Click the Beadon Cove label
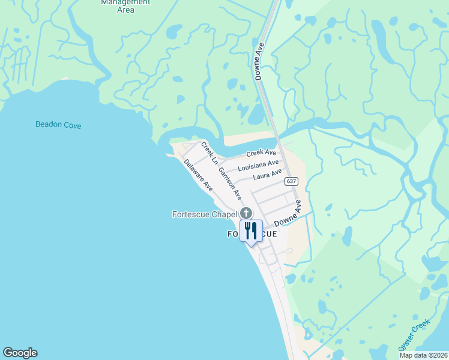58,125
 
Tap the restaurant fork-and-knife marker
251,230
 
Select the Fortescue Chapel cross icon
246,214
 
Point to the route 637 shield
291,181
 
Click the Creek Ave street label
261,154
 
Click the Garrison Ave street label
229,183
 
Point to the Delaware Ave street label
199,175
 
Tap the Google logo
20,353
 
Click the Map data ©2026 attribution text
423,355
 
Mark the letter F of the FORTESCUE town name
230,234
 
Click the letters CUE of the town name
268,234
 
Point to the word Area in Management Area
125,10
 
